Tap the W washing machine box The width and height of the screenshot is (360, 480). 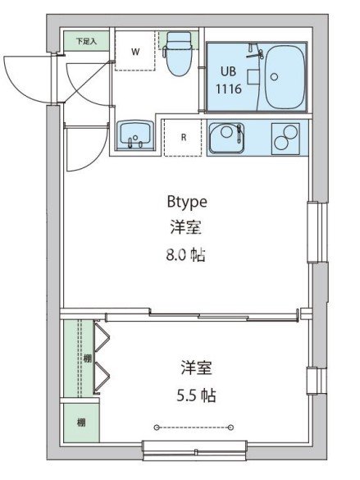[136, 51]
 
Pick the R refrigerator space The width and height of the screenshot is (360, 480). [184, 137]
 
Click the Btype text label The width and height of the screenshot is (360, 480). [186, 200]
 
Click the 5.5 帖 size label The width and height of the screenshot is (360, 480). [197, 395]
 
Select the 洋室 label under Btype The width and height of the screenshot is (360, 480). [186, 226]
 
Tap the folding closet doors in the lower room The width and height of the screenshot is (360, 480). [103, 357]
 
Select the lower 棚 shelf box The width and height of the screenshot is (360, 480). [80, 423]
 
